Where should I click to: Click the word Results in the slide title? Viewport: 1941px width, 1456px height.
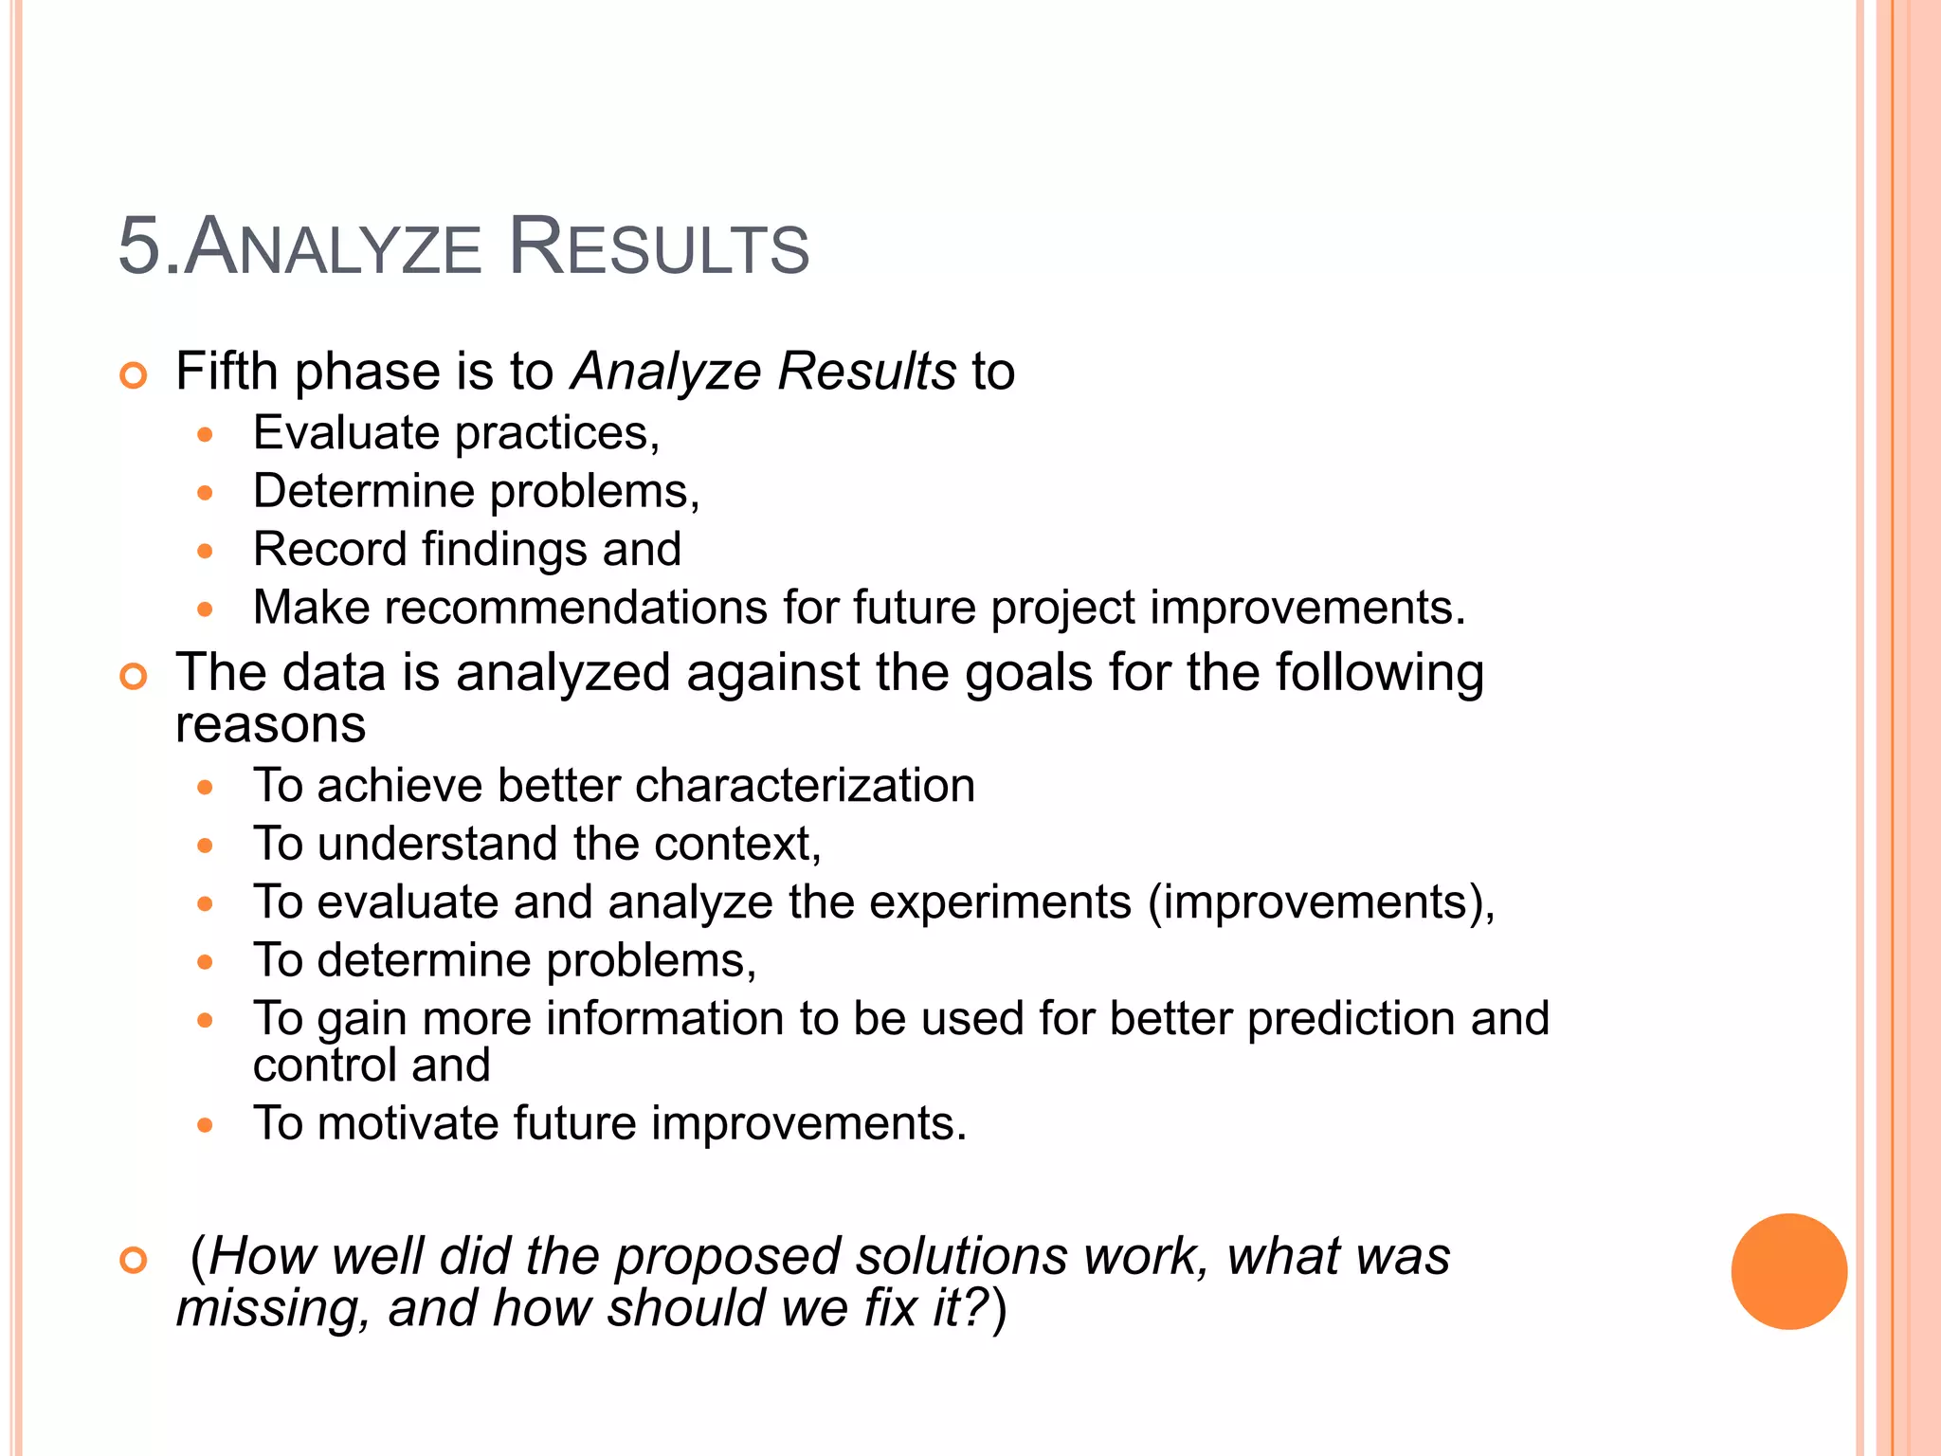point(659,248)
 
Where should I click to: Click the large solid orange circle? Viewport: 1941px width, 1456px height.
point(1788,1271)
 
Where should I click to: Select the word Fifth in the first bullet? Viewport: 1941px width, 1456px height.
point(227,371)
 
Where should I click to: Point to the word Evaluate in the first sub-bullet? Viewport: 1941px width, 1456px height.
point(347,434)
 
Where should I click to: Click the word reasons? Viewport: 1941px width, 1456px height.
point(271,726)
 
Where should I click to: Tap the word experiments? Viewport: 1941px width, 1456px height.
point(1000,902)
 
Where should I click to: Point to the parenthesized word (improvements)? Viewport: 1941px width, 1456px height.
point(1320,902)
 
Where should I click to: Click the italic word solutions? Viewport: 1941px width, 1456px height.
point(961,1257)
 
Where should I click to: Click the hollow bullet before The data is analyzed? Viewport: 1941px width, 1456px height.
point(135,677)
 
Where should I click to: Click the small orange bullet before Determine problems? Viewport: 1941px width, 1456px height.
point(206,493)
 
